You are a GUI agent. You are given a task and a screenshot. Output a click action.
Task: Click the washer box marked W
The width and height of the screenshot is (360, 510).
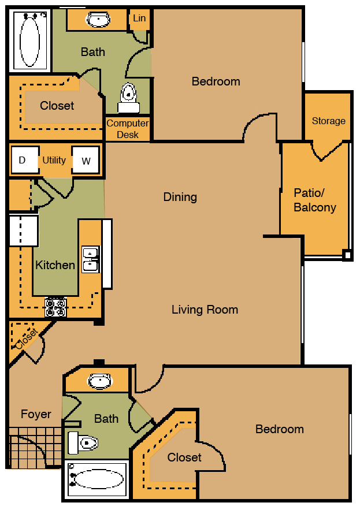click(86, 160)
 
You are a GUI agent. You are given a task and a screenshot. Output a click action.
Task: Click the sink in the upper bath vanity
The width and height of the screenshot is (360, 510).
click(98, 20)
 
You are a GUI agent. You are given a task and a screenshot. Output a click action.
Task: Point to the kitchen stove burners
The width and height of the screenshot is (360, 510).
click(56, 307)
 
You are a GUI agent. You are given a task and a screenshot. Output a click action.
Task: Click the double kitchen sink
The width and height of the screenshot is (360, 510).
click(91, 259)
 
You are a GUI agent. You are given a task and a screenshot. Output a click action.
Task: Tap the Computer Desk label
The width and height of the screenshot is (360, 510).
click(128, 129)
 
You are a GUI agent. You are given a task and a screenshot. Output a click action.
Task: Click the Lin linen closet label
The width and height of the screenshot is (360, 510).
click(139, 18)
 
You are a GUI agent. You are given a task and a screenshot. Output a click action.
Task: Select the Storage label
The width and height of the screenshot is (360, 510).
click(328, 121)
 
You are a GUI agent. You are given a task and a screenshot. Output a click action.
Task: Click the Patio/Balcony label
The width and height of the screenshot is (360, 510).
click(315, 200)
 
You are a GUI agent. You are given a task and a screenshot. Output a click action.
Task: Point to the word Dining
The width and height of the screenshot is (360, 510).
click(180, 197)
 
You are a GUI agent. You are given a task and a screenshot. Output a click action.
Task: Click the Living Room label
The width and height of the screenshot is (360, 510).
click(205, 310)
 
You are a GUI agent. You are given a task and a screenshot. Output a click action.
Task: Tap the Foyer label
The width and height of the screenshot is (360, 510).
click(36, 414)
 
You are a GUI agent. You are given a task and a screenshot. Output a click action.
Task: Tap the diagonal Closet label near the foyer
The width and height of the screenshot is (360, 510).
click(27, 338)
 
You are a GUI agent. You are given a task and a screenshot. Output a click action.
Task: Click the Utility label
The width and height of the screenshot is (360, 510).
click(54, 160)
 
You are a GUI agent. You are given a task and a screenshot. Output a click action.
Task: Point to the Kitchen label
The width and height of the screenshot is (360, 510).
click(55, 265)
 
